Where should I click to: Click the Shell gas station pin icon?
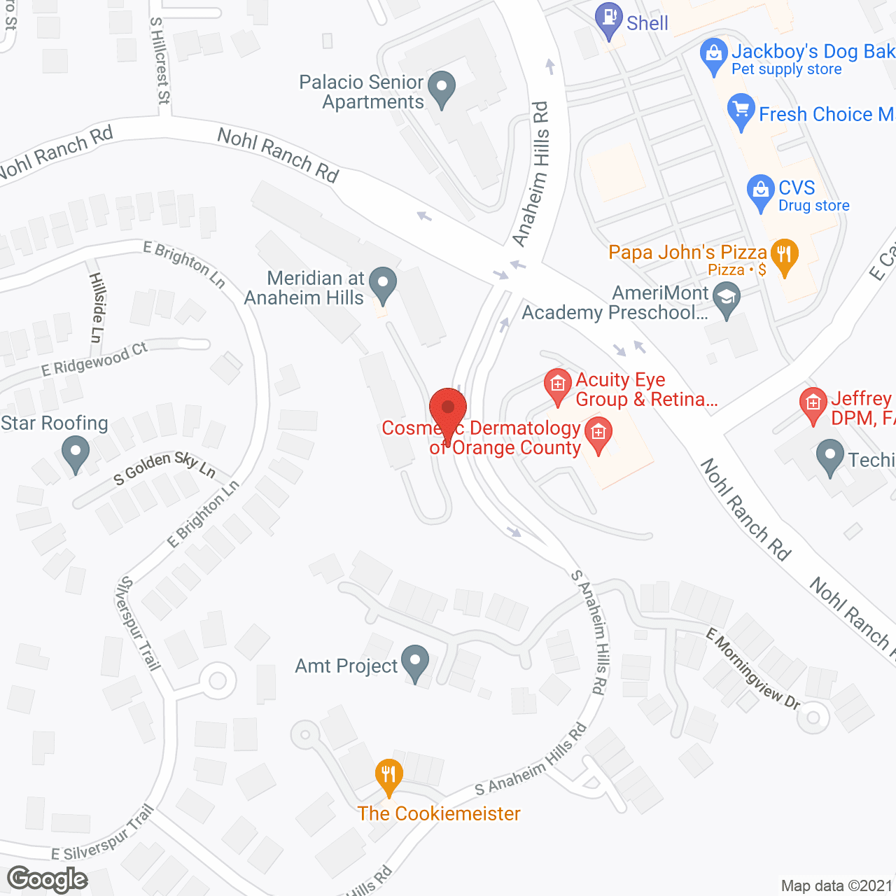pyautogui.click(x=608, y=20)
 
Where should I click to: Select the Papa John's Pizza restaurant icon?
pyautogui.click(x=784, y=256)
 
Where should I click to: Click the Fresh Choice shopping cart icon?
pyautogui.click(x=741, y=111)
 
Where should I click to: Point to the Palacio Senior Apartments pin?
pyautogui.click(x=442, y=89)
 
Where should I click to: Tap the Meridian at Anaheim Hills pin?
pyautogui.click(x=382, y=285)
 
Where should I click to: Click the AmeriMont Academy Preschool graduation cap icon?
pyautogui.click(x=727, y=299)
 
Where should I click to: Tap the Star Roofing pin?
pyautogui.click(x=75, y=452)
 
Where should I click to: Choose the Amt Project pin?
pyautogui.click(x=416, y=662)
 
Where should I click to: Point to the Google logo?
pyautogui.click(x=48, y=879)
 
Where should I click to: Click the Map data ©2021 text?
pyautogui.click(x=836, y=885)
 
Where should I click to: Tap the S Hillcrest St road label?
pyautogui.click(x=160, y=61)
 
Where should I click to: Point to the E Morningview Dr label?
pyautogui.click(x=753, y=669)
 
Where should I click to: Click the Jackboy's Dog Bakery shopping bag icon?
pyautogui.click(x=713, y=56)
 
